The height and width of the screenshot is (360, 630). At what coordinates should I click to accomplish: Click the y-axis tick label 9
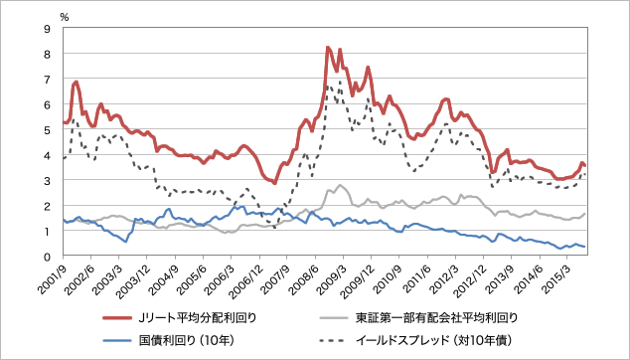[x=48, y=28]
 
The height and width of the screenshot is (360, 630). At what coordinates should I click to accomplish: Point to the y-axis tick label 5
[x=48, y=129]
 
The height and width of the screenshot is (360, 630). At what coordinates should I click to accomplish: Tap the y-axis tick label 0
[x=48, y=257]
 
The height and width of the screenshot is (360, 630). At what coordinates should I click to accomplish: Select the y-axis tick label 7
[x=48, y=79]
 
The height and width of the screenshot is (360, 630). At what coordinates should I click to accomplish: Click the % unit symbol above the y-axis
[x=65, y=17]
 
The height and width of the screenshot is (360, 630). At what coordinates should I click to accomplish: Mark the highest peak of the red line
[x=328, y=47]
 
